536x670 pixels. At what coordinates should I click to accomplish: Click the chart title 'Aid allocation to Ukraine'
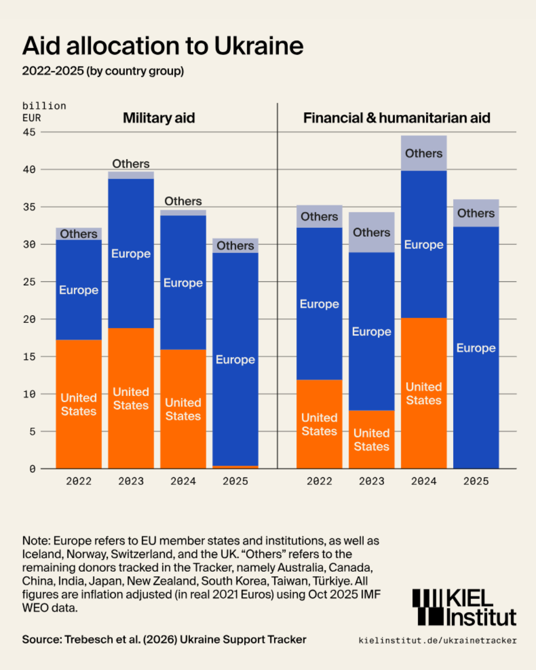tap(163, 46)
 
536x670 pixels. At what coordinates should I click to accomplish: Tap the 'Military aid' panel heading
tap(159, 118)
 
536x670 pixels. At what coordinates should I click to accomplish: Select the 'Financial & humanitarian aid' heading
tap(397, 118)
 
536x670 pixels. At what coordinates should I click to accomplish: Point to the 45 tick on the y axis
tap(29, 132)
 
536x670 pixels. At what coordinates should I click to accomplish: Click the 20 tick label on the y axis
tap(29, 319)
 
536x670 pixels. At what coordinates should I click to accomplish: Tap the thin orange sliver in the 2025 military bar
tap(235, 467)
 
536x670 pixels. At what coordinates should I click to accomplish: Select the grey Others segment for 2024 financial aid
tap(424, 153)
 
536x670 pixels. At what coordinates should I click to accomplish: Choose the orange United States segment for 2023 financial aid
tap(371, 439)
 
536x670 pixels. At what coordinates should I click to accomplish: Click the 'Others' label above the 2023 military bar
tap(131, 164)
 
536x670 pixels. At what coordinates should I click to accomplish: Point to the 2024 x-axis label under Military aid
tap(183, 481)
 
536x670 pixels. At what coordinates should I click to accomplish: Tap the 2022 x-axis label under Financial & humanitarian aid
tap(319, 481)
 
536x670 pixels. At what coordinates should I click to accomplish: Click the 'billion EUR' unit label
tap(44, 112)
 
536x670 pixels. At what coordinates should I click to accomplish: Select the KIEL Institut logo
tap(464, 607)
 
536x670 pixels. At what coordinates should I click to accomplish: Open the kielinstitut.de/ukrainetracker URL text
tap(437, 641)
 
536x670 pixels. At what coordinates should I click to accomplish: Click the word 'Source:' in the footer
tap(42, 640)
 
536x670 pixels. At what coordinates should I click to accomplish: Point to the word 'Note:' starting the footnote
tap(36, 541)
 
